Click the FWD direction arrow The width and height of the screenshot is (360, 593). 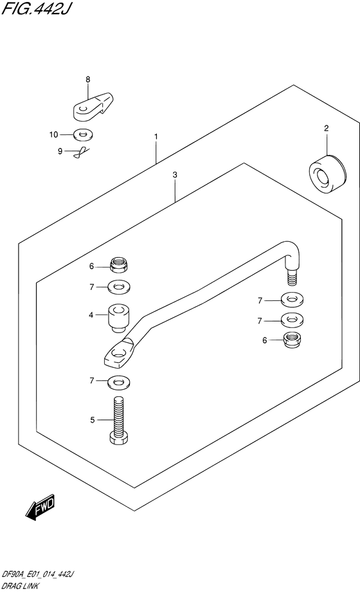click(41, 506)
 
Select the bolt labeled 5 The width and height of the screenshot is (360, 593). click(119, 420)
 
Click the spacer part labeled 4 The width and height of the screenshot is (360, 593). click(119, 318)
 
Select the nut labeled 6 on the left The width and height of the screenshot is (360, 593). click(118, 264)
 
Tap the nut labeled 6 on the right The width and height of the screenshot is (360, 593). click(292, 340)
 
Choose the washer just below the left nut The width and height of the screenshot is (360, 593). click(118, 287)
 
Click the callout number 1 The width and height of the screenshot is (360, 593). click(156, 136)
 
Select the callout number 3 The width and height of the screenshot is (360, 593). click(175, 175)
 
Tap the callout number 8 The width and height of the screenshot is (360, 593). click(87, 79)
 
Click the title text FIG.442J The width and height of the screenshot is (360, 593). click(35, 8)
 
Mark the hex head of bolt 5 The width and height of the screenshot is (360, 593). click(119, 439)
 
